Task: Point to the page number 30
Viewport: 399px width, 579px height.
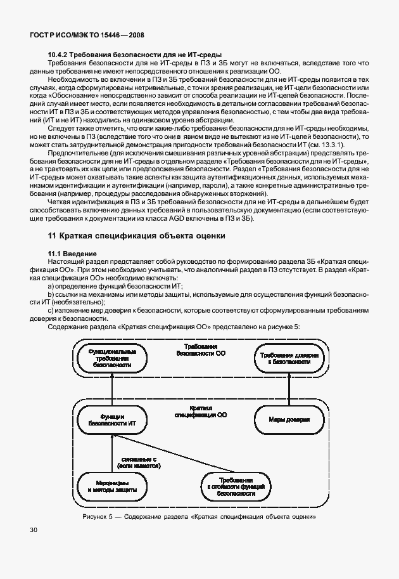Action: click(x=33, y=529)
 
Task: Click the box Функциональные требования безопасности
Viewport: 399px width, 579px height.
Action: click(x=111, y=358)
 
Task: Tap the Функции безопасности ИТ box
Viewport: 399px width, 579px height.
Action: click(x=111, y=418)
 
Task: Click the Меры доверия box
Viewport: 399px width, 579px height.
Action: click(x=289, y=419)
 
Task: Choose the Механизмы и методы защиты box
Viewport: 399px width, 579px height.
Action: click(x=111, y=486)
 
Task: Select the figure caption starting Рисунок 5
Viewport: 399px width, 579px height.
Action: click(x=199, y=516)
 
